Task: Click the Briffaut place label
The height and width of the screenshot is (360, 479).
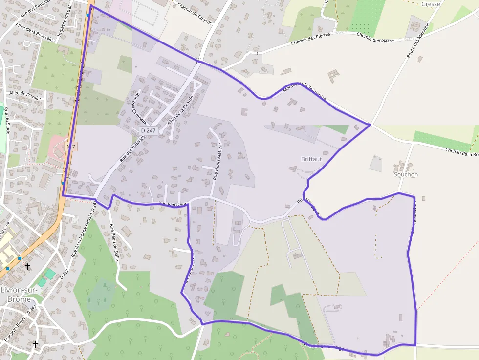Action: (311, 159)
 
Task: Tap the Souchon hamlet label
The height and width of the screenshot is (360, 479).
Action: (406, 174)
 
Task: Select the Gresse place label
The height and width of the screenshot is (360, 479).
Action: (430, 4)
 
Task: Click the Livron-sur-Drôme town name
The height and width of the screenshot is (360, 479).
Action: (16, 294)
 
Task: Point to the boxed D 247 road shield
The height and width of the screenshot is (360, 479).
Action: (148, 131)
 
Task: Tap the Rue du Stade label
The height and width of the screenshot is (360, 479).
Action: (7, 122)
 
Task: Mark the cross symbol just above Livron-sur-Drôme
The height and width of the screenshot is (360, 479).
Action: (28, 267)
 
